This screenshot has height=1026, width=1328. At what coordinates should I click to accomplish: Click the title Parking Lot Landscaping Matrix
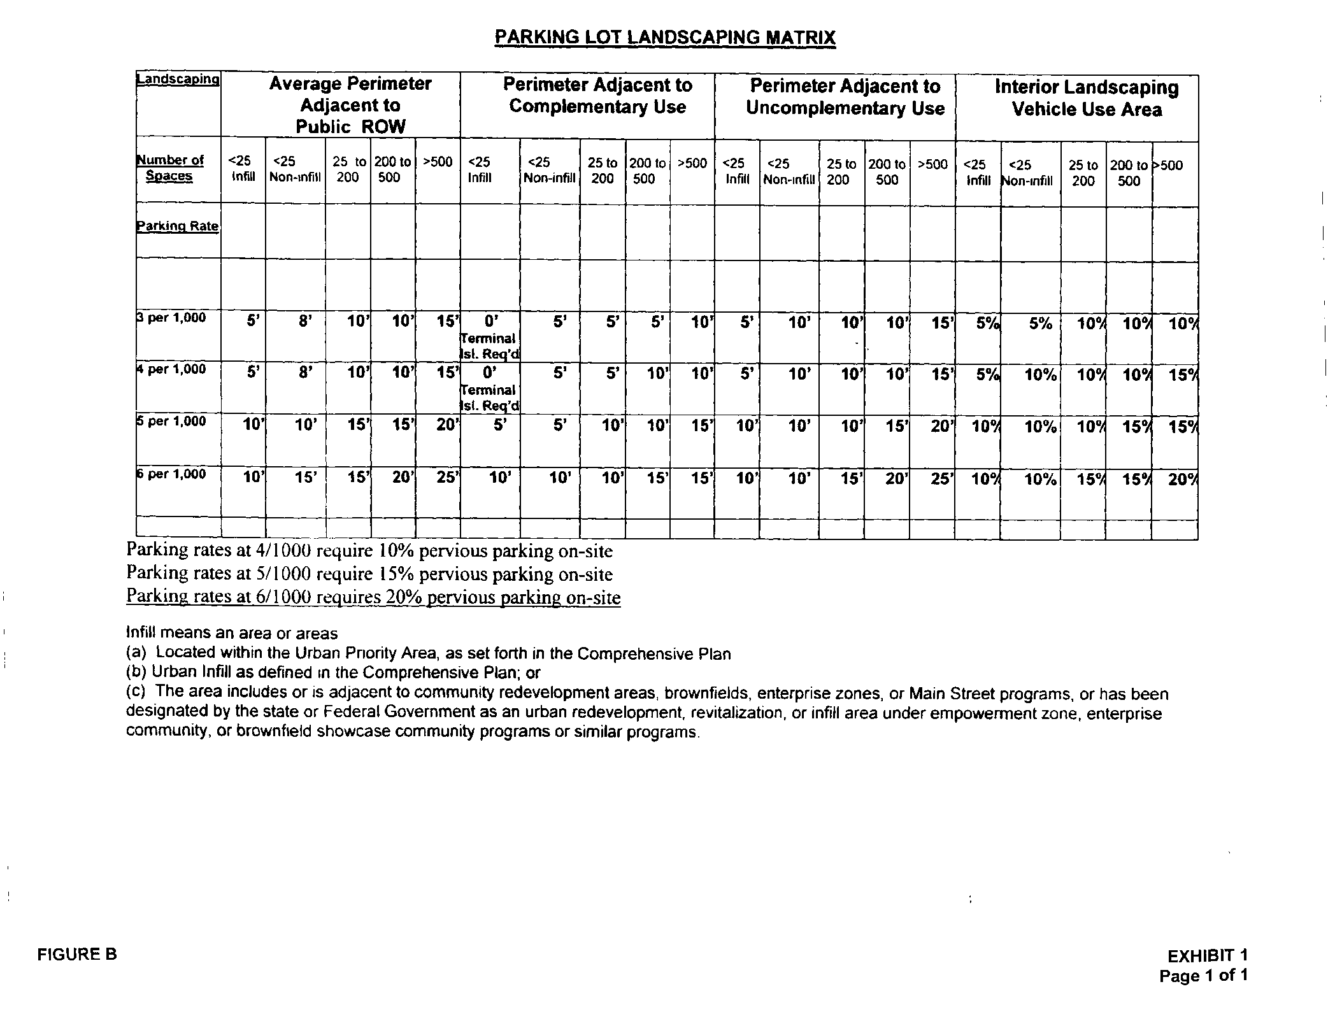664,37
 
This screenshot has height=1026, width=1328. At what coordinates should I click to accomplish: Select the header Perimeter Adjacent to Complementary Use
597,96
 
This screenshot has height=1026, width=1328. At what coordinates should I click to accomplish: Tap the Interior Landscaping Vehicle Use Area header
1087,98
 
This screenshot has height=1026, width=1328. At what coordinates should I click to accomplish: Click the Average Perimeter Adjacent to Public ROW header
350,105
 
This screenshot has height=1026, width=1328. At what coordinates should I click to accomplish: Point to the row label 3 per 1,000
172,318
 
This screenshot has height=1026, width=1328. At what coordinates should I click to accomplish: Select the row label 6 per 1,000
172,474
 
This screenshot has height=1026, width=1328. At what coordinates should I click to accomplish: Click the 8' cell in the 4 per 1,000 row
305,373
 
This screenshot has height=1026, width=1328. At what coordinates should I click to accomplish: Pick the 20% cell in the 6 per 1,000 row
1183,480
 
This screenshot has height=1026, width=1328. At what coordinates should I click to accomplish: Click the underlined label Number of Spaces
169,168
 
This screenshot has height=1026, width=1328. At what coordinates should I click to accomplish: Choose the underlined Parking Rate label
178,226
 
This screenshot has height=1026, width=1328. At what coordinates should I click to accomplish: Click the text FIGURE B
77,954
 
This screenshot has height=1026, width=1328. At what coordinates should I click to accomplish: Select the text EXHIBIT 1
1207,955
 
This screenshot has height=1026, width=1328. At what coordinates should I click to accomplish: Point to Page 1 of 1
1203,976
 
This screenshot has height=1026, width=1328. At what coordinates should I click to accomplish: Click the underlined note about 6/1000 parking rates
373,597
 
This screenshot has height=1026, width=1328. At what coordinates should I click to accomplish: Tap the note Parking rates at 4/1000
369,550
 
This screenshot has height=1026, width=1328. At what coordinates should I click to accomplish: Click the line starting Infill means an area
232,633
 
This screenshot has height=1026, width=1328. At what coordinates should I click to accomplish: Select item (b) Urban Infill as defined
333,673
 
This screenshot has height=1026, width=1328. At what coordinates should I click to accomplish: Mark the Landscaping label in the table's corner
178,80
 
